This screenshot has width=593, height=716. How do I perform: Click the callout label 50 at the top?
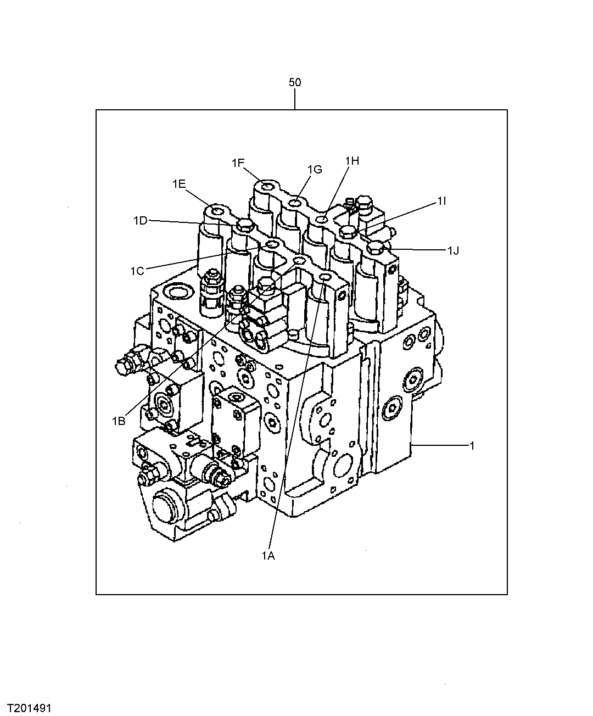295,83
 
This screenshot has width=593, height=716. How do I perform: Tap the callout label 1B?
119,421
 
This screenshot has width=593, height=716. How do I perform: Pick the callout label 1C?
137,270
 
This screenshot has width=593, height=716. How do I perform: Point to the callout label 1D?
141,221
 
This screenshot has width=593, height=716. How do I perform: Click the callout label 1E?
179,184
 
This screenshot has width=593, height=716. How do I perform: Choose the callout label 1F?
238,163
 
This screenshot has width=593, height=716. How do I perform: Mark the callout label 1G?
315,170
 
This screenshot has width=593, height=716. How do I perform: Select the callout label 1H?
352,161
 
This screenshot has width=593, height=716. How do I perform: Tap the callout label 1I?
442,202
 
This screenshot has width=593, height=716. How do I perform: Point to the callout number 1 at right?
471,445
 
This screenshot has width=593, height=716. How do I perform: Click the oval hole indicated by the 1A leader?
324,279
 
